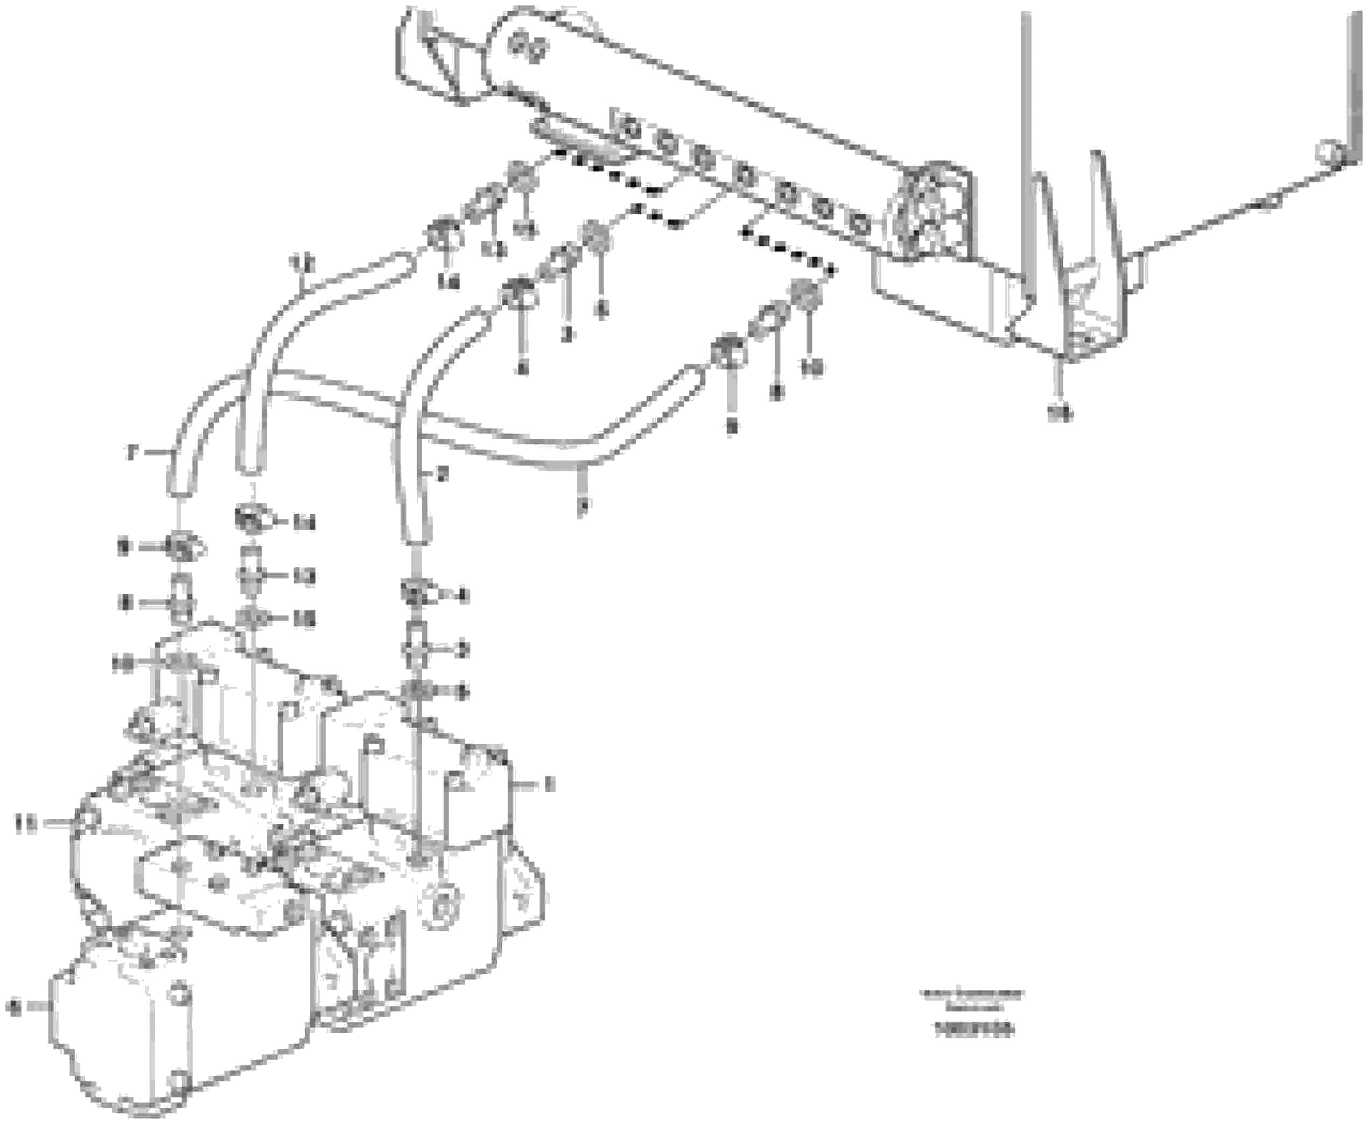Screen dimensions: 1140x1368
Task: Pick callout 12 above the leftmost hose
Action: click(301, 264)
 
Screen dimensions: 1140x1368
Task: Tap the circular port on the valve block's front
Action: click(443, 905)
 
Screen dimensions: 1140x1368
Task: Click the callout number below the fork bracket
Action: click(1059, 413)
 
